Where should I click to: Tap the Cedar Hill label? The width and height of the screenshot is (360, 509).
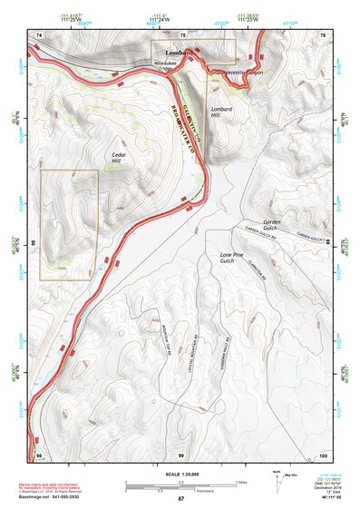119,159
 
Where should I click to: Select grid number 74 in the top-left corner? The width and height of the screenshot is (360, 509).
39,34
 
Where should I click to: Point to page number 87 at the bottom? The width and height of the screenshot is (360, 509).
180,499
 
